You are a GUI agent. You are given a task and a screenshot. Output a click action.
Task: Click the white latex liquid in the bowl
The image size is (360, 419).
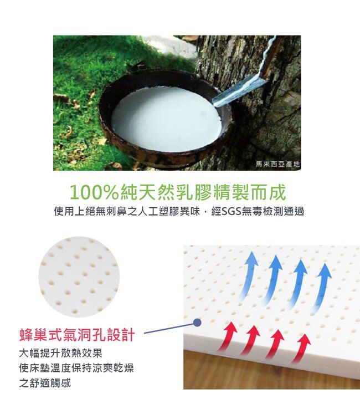(166, 119)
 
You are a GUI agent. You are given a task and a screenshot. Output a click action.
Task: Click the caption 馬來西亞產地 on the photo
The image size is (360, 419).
(277, 164)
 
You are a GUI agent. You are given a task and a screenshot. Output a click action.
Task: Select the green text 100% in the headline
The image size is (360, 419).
(94, 192)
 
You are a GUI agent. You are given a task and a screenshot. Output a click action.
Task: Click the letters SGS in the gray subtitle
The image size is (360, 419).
(231, 211)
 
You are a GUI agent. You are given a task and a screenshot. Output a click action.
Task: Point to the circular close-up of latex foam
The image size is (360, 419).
(79, 277)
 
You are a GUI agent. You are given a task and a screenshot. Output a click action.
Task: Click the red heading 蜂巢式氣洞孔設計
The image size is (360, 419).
(77, 335)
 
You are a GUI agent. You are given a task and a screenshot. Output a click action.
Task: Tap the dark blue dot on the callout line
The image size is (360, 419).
(197, 323)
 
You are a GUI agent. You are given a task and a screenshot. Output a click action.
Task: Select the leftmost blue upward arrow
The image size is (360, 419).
(248, 275)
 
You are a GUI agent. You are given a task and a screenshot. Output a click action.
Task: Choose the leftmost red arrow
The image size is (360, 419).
(228, 337)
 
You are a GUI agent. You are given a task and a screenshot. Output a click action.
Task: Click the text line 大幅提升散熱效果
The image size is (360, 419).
(60, 353)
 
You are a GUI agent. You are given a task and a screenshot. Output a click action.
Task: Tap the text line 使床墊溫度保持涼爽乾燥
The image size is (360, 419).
(76, 368)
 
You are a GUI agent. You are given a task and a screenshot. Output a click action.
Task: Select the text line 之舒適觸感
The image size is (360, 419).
(45, 383)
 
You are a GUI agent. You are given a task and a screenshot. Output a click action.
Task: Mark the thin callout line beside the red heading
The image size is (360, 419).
(168, 329)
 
